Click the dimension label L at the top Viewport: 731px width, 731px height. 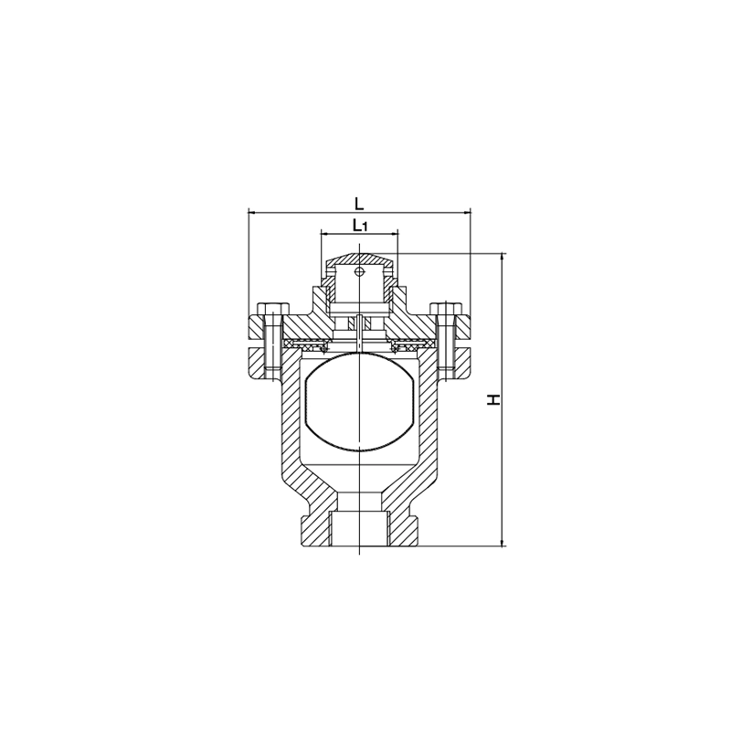(x=358, y=203)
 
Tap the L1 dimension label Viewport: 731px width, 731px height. (x=360, y=226)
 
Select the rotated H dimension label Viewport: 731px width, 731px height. (x=493, y=399)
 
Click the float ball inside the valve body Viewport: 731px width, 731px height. (x=359, y=402)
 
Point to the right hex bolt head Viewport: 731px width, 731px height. (x=446, y=309)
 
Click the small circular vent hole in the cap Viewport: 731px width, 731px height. (x=359, y=271)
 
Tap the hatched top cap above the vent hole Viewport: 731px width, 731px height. (x=359, y=260)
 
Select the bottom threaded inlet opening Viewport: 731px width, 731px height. (x=359, y=528)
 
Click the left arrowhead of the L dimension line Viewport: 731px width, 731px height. (x=251, y=213)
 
